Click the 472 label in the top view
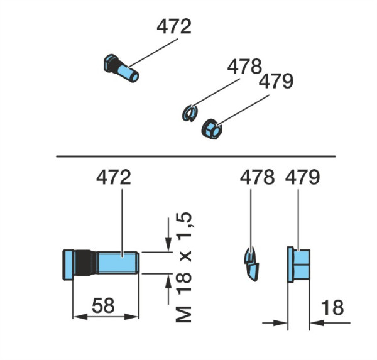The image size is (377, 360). [x=174, y=26]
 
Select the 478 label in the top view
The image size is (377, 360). [x=244, y=67]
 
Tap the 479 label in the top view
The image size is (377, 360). [x=276, y=81]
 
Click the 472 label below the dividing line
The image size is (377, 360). [x=114, y=177]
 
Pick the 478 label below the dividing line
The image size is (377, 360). [x=257, y=177]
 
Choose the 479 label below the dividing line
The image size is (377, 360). [x=302, y=177]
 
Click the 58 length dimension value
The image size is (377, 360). [x=104, y=305]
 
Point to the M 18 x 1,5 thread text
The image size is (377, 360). [x=183, y=267]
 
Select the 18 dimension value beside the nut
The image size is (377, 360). [x=332, y=307]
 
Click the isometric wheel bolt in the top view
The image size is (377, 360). [x=121, y=68]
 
